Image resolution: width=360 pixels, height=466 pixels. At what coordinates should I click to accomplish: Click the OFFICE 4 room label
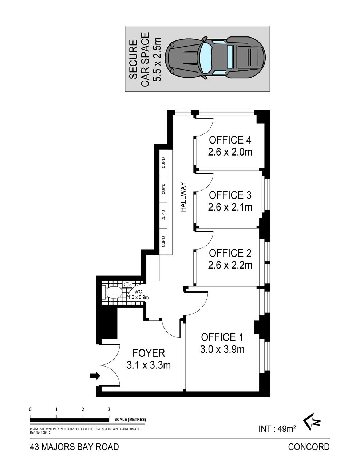(x=230, y=140)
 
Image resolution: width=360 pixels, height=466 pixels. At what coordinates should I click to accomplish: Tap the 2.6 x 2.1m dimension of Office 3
(x=230, y=207)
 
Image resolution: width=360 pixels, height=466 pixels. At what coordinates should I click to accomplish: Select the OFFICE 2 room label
(x=230, y=253)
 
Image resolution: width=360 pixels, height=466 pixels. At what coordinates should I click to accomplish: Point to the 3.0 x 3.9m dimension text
(x=222, y=349)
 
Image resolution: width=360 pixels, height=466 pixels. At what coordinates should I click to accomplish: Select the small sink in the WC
(x=127, y=284)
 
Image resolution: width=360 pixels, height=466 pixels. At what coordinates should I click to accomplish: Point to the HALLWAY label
(x=183, y=197)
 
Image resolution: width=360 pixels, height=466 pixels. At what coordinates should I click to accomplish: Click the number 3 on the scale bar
(x=109, y=410)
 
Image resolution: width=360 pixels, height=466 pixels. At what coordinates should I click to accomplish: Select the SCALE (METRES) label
(x=130, y=419)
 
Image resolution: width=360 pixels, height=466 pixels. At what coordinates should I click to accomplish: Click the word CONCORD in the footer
(x=309, y=446)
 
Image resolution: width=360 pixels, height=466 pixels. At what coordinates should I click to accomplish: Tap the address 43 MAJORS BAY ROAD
(x=74, y=446)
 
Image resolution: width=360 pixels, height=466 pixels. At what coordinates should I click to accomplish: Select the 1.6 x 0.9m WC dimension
(x=138, y=297)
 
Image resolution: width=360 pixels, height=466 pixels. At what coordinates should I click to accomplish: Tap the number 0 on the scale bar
(x=31, y=410)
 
